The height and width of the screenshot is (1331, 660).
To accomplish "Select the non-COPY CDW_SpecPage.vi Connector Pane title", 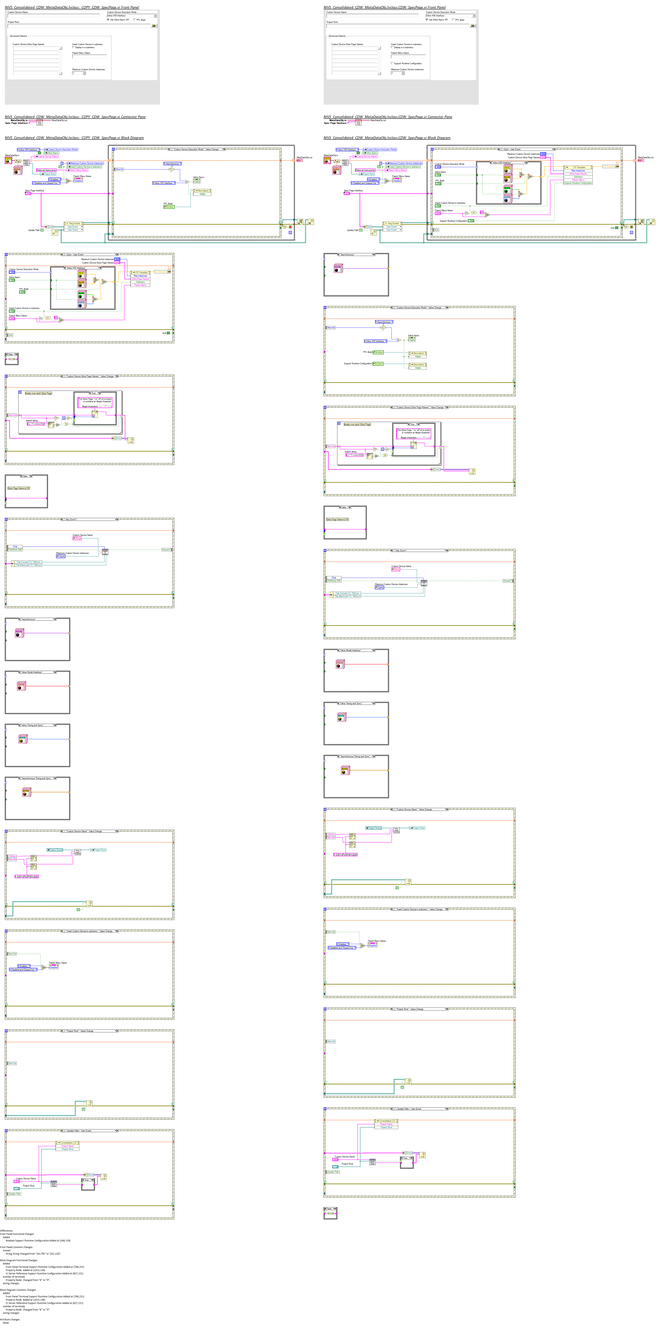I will (x=387, y=117).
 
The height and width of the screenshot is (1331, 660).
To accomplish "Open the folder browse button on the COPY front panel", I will (x=154, y=25).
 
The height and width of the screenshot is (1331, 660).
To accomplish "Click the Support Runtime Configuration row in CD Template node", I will (x=578, y=183).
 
